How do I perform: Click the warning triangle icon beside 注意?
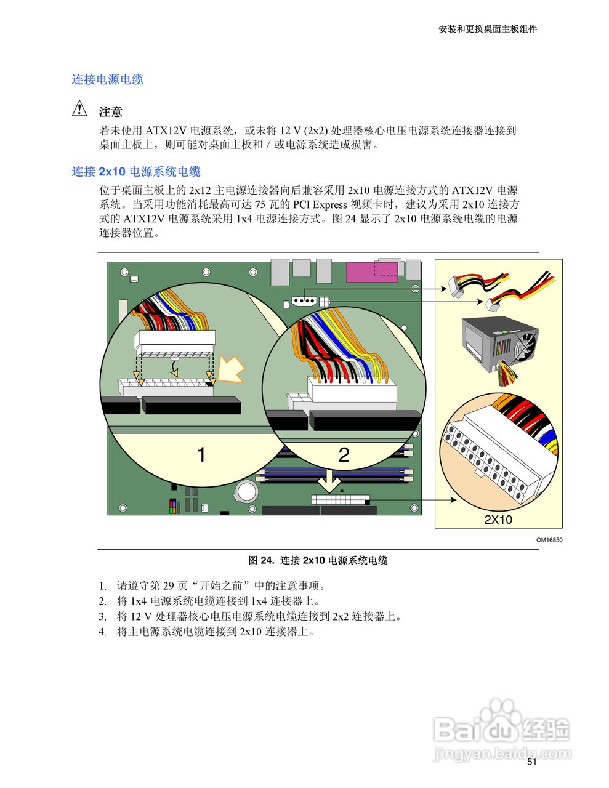pos(79,109)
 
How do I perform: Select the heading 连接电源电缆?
pos(107,79)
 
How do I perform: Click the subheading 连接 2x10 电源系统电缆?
pos(136,172)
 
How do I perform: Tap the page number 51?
pos(532,762)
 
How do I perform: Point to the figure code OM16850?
pos(549,541)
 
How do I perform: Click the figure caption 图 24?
pos(317,560)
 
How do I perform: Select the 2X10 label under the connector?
pos(498,520)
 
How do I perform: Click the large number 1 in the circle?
pos(201,455)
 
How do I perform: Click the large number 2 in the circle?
pos(344,455)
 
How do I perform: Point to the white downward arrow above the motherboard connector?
pos(330,480)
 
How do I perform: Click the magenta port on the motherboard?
pos(363,272)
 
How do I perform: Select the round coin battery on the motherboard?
pos(248,490)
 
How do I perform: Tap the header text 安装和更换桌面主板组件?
pos(487,29)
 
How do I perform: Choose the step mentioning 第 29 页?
pos(221,585)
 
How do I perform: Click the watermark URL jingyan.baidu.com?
pos(502,753)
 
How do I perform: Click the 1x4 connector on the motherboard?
pos(302,302)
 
